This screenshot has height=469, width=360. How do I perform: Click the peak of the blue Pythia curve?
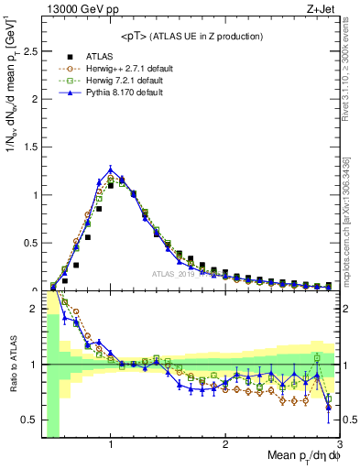[x=111, y=169]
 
